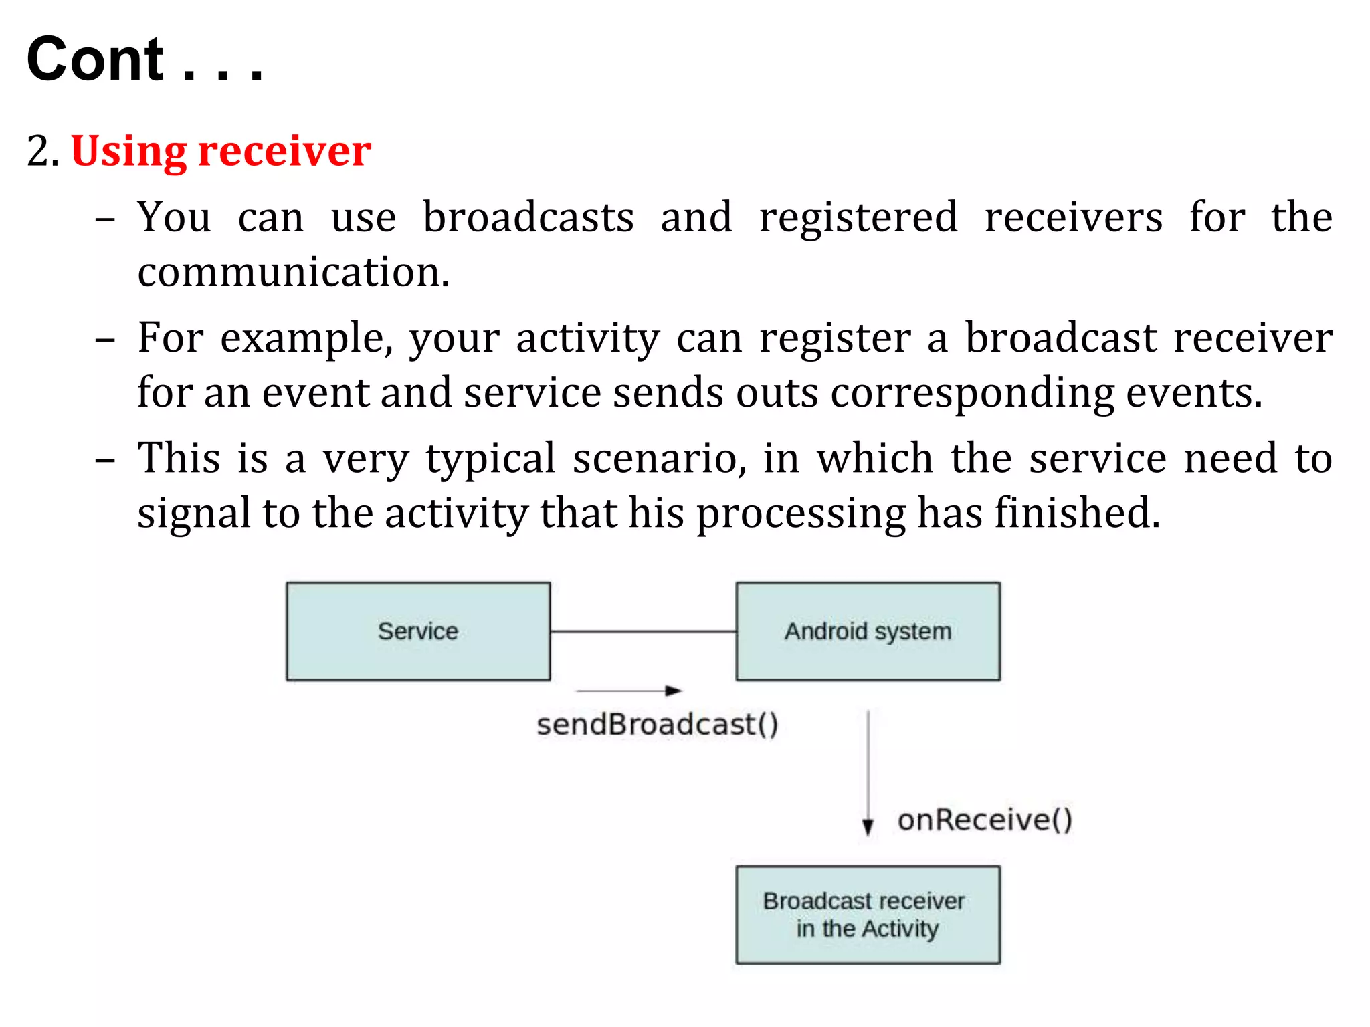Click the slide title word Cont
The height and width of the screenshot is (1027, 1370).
[x=95, y=60]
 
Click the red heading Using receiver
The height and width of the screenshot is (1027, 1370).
[x=221, y=151]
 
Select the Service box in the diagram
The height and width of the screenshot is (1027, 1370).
[x=418, y=631]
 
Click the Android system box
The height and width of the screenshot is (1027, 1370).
[x=868, y=631]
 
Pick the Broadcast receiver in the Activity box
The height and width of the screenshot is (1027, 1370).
[x=868, y=915]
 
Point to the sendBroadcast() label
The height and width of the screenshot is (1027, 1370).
[x=658, y=725]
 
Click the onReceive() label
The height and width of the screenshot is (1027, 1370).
[x=985, y=820]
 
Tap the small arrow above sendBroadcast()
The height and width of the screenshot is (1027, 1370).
[x=629, y=691]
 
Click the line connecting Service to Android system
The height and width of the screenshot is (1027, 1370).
[x=643, y=631]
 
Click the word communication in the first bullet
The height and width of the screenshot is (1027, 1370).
[x=293, y=273]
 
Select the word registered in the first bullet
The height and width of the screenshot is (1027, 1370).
[x=858, y=218]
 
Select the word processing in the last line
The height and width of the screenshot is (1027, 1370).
[x=801, y=513]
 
